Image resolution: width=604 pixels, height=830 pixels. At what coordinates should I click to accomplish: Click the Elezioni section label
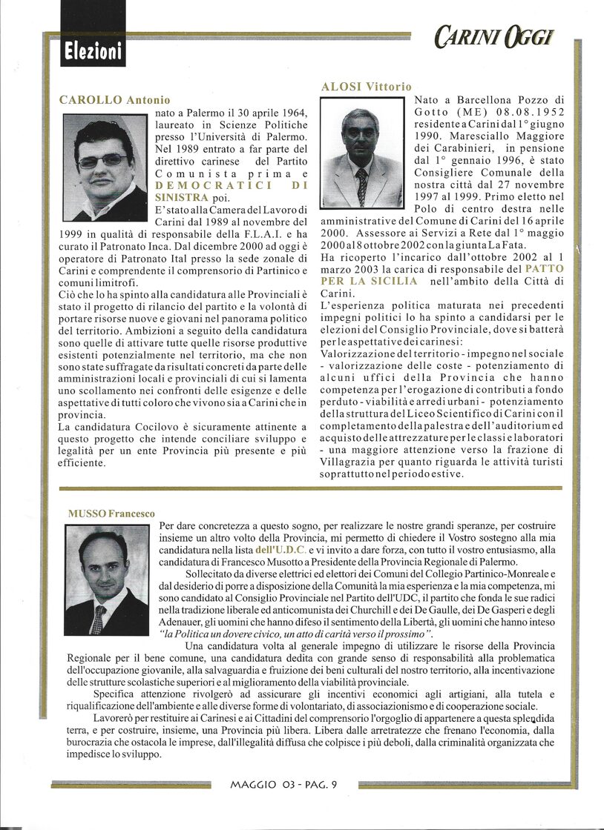pos(92,53)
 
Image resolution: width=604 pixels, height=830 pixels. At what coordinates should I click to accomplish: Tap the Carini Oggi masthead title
pos(493,36)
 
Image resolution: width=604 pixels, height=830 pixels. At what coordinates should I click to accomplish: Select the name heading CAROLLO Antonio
pos(114,100)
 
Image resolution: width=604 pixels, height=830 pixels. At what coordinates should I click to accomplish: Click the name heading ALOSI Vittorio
pos(366,87)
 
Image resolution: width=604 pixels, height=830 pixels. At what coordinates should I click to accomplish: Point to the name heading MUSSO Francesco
pos(111,513)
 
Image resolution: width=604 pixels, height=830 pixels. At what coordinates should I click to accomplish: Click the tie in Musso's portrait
pos(98,620)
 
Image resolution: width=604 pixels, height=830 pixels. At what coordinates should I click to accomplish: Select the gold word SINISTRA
pos(182,197)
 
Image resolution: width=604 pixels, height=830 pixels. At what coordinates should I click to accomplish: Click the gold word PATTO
pos(544,268)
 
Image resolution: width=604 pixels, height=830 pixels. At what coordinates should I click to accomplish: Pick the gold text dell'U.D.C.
pos(280,550)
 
